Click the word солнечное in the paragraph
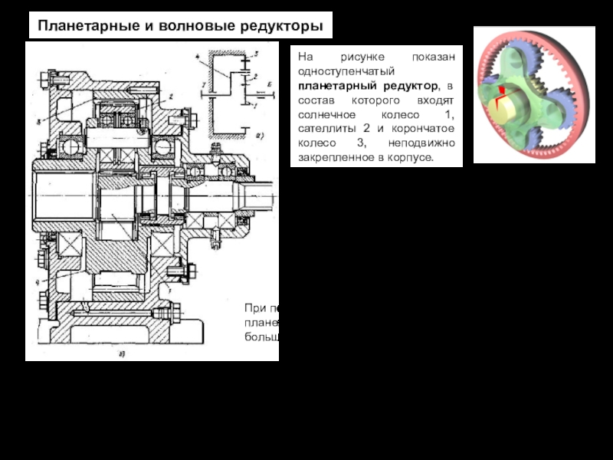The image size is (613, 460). coord(326,113)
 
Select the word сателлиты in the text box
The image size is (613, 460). coord(326,128)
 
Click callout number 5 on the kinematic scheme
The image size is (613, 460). coord(256,54)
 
